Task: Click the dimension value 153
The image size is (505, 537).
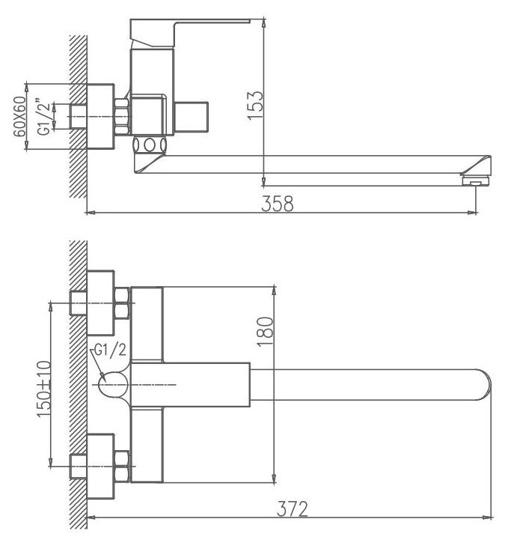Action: point(255,105)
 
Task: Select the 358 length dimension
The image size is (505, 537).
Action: point(278,204)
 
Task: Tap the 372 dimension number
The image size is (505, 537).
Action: point(293,509)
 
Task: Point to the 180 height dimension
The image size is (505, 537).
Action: point(266,332)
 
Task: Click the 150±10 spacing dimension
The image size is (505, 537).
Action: point(44,389)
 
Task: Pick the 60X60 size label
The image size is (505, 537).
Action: point(20,116)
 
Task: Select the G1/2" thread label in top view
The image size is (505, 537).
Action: point(43,117)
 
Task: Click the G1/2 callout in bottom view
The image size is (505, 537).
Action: point(110,351)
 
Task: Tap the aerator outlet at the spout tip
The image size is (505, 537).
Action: point(475,180)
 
